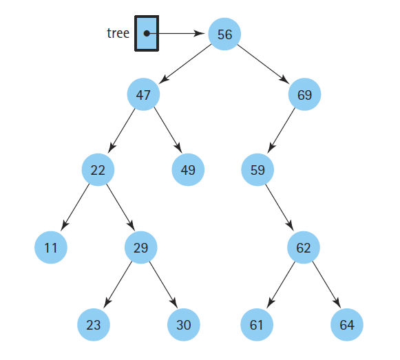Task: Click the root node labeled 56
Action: (224, 34)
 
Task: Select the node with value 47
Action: (143, 95)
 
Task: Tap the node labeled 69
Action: (304, 95)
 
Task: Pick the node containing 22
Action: (98, 170)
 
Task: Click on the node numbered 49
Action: (188, 170)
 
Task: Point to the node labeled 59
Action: (258, 170)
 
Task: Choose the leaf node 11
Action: (51, 248)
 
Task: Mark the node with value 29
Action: (141, 248)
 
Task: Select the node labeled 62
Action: (304, 248)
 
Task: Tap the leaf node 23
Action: (94, 325)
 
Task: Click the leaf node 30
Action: (184, 325)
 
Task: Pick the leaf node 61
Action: (257, 325)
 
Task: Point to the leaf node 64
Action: (347, 325)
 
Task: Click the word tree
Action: (118, 33)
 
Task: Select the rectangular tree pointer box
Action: (147, 33)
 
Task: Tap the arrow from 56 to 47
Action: (184, 64)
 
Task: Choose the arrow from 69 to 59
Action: (282, 131)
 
